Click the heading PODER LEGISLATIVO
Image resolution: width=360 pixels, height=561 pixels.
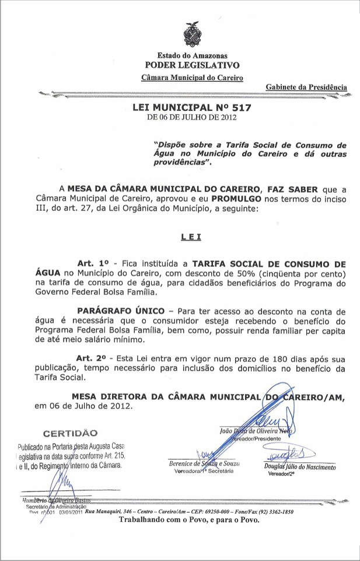[192, 65]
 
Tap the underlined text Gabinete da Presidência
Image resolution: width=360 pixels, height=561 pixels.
[306, 87]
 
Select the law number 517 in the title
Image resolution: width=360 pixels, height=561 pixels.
[241, 108]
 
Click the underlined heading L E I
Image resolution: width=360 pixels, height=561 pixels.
[191, 236]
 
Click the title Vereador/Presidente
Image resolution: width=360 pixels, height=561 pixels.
[257, 438]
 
